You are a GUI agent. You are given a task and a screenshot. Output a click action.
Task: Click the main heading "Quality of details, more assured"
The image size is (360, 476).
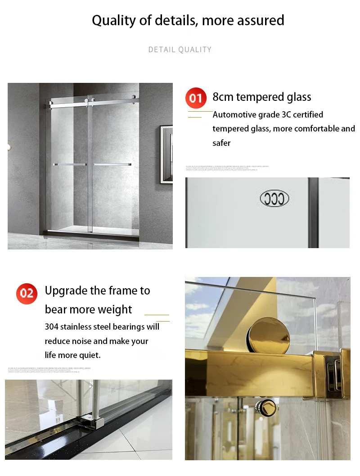pyautogui.click(x=188, y=20)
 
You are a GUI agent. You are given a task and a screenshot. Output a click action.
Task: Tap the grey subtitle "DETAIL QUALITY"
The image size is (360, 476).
pyautogui.click(x=180, y=50)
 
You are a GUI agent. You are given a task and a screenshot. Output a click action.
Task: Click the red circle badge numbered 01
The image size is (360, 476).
pyautogui.click(x=196, y=98)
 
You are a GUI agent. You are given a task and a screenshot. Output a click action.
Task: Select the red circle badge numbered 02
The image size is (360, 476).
pyautogui.click(x=27, y=294)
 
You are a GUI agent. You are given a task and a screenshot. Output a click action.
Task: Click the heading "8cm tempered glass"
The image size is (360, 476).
pyautogui.click(x=261, y=97)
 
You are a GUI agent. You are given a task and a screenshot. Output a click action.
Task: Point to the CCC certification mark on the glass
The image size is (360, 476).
pyautogui.click(x=274, y=199)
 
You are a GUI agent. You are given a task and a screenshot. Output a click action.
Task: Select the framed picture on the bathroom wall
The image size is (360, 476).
pyautogui.click(x=166, y=154)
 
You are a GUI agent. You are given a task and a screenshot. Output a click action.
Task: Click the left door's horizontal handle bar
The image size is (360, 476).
pyautogui.click(x=69, y=165)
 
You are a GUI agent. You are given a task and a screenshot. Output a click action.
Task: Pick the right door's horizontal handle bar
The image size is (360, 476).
pyautogui.click(x=112, y=164)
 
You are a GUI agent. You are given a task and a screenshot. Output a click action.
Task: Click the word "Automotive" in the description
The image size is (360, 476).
pyautogui.click(x=234, y=115)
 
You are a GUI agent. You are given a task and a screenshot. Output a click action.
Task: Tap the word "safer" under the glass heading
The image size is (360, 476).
pyautogui.click(x=221, y=143)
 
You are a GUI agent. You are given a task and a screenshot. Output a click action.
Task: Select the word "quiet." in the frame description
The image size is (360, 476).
pyautogui.click(x=90, y=355)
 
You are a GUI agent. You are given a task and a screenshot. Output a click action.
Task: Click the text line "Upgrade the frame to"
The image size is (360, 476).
pyautogui.click(x=97, y=290)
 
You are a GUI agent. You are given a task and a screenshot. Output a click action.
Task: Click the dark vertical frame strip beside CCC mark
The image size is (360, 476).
pyautogui.click(x=313, y=213)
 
